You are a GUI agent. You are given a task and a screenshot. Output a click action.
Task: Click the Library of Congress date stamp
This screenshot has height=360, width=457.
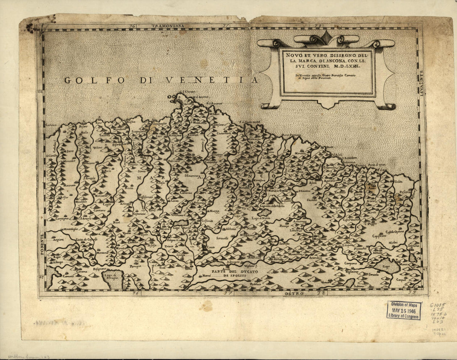coord(404,310)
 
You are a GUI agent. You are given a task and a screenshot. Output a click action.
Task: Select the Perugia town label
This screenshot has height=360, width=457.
coord(135,266)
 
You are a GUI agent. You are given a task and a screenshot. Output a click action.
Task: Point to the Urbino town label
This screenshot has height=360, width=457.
coord(98,148)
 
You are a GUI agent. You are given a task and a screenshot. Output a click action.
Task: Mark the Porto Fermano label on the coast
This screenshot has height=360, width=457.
coord(292,136)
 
